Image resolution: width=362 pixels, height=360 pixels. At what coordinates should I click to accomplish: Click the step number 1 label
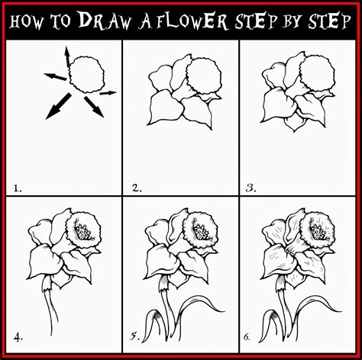click(16, 185)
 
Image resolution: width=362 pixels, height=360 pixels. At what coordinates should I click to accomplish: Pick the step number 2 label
click(135, 185)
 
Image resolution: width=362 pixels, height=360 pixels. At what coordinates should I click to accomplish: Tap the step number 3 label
click(251, 185)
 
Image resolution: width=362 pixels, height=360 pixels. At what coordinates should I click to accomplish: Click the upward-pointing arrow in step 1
click(66, 56)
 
